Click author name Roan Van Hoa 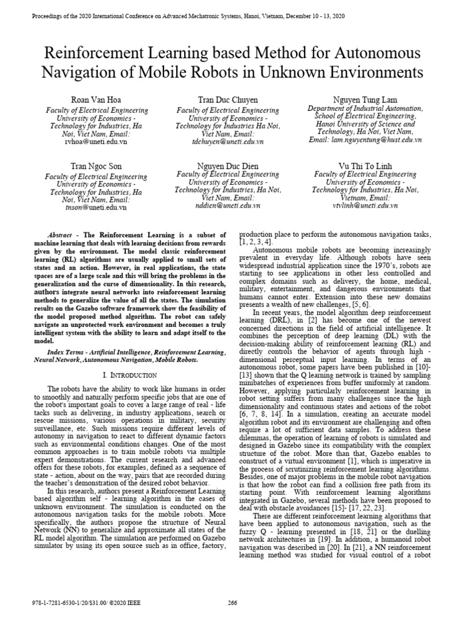97,99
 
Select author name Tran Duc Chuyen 228,99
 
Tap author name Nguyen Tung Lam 365,99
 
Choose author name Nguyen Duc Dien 228,165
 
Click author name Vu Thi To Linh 365,165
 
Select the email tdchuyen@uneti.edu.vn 228,141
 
